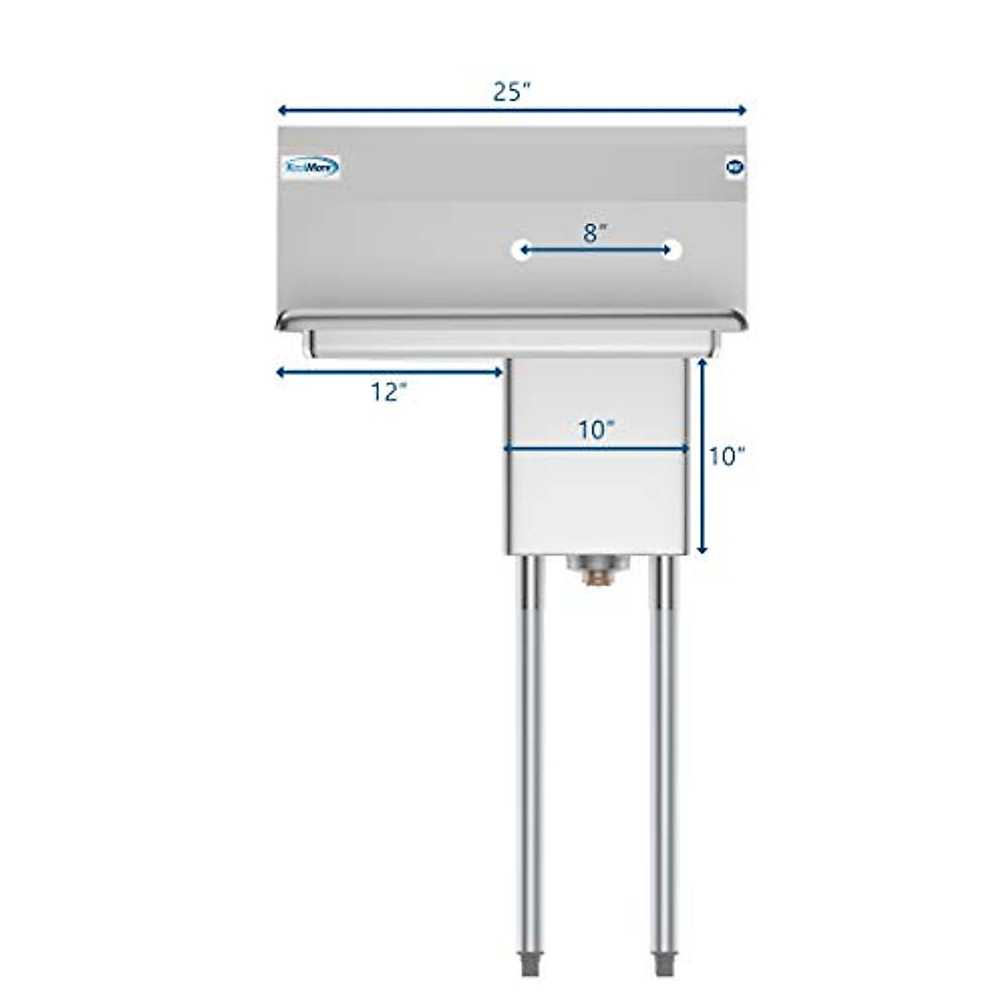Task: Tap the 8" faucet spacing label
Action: [x=594, y=233]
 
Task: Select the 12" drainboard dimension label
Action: [x=388, y=392]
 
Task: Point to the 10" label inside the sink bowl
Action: [x=596, y=430]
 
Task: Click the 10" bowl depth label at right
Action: [x=726, y=456]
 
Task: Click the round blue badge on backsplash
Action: [x=733, y=166]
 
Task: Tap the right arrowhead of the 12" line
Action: [x=497, y=372]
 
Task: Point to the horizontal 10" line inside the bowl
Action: [x=596, y=449]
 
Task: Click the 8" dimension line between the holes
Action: [x=596, y=249]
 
